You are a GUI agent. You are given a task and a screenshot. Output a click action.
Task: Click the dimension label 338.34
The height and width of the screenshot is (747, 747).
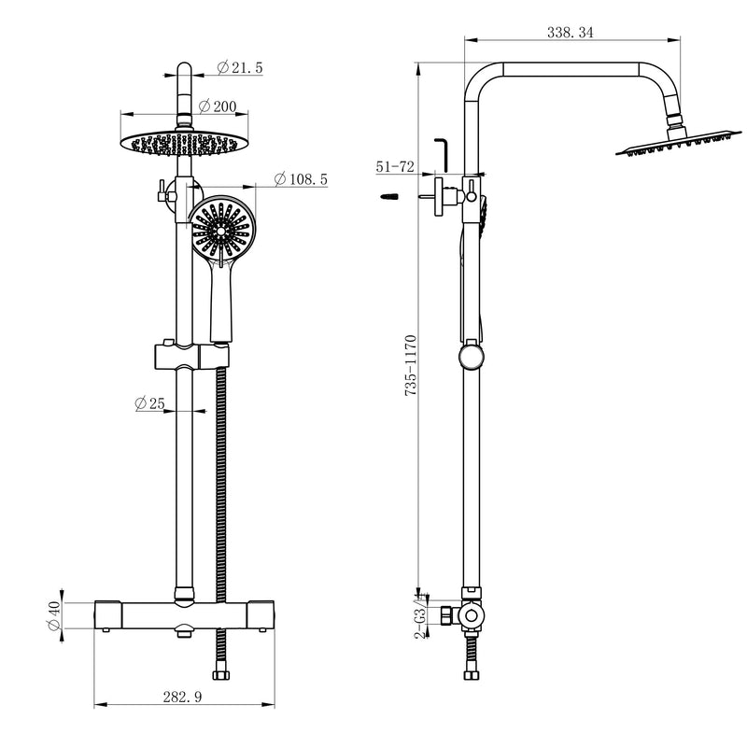(569, 33)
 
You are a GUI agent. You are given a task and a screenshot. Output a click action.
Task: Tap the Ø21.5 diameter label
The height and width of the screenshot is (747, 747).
(241, 68)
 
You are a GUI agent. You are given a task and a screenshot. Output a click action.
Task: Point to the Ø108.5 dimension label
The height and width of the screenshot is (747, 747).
(300, 178)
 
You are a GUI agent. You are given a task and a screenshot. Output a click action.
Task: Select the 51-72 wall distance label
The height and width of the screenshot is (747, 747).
(395, 166)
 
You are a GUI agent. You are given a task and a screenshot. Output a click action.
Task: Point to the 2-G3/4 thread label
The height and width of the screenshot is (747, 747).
(421, 615)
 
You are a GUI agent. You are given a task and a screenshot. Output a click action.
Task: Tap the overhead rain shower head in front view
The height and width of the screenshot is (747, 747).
(185, 143)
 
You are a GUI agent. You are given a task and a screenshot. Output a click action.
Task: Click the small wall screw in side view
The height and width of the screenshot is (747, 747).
(389, 197)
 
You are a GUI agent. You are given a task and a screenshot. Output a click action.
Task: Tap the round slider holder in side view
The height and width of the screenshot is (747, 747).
(472, 357)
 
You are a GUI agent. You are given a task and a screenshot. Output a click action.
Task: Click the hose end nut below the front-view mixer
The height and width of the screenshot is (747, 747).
(225, 674)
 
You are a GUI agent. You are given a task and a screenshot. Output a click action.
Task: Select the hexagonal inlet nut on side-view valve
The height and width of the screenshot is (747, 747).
(447, 616)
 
